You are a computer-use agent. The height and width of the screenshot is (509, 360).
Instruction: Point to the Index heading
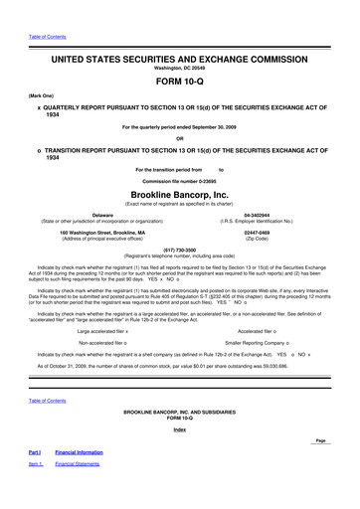point(180,429)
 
